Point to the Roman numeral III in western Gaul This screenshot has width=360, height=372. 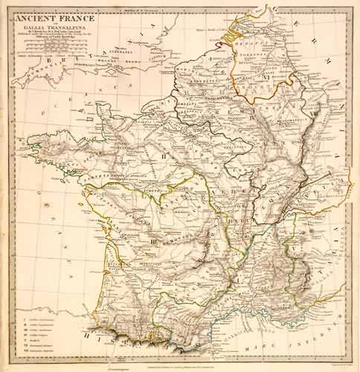point(152,243)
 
